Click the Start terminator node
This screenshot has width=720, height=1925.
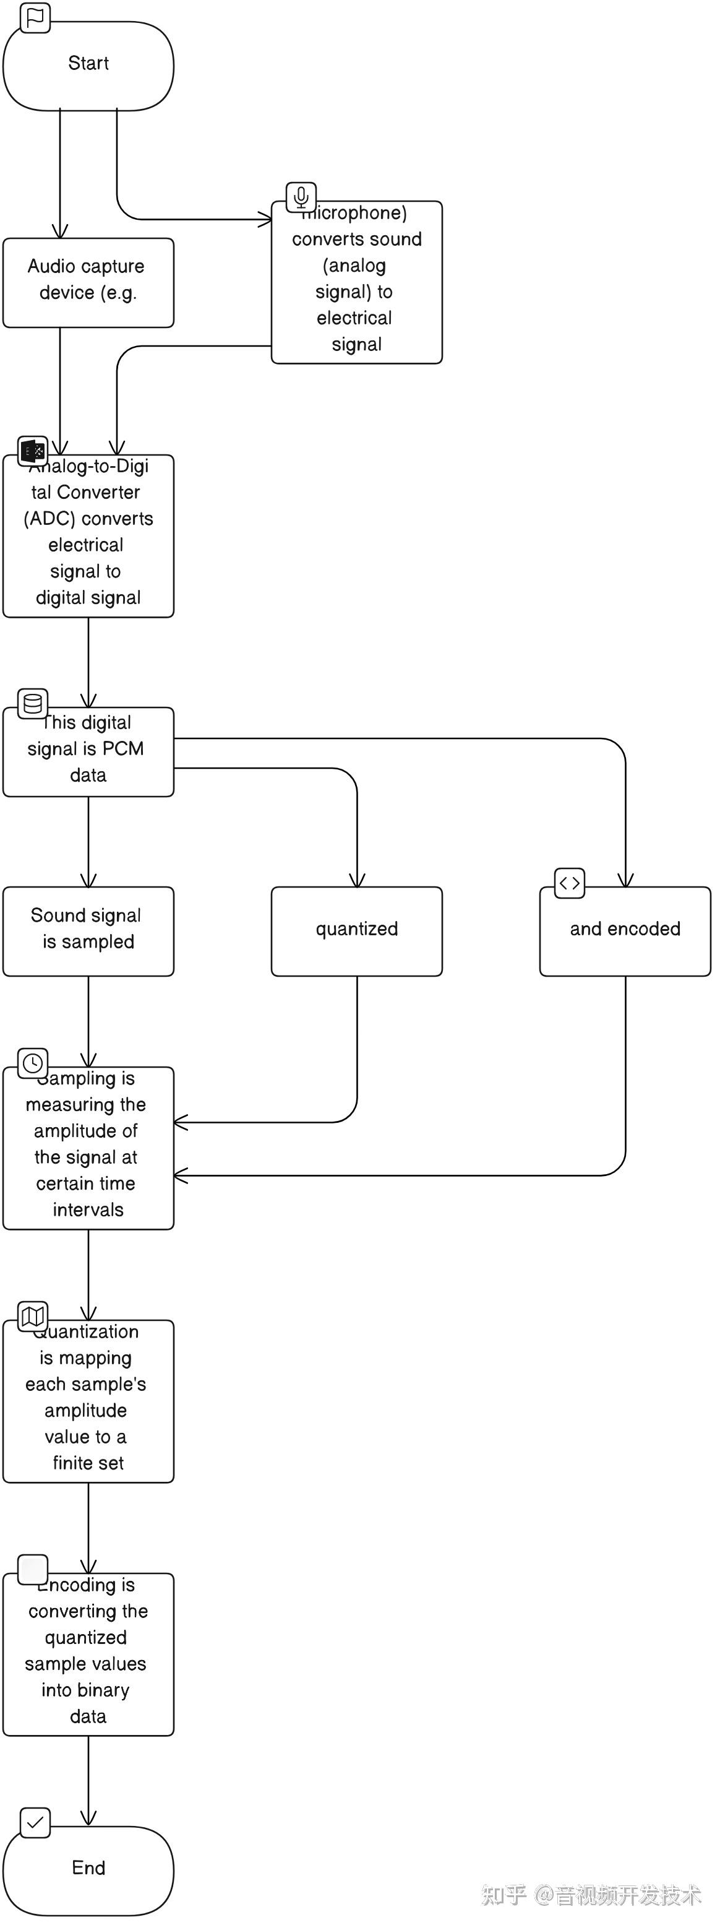[88, 66]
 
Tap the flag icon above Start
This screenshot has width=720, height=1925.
[35, 18]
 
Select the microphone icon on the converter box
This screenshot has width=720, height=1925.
[301, 197]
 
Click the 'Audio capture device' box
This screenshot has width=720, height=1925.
[88, 282]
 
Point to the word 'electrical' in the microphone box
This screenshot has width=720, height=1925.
[354, 318]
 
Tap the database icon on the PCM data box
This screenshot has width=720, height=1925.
[33, 703]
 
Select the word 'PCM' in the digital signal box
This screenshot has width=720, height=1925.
[123, 748]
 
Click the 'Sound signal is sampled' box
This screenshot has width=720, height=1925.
[88, 930]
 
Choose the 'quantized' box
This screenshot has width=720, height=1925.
[356, 930]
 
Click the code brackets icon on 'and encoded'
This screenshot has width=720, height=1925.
[569, 883]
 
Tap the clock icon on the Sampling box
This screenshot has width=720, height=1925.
[33, 1063]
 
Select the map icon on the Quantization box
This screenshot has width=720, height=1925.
[33, 1315]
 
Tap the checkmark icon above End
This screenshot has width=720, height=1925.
[35, 1823]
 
